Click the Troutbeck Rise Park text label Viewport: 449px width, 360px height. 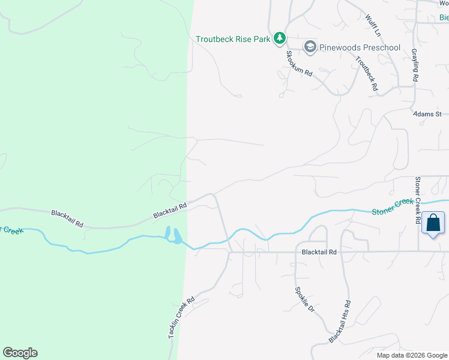coord(233,40)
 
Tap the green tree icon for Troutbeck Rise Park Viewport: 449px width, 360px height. coord(279,39)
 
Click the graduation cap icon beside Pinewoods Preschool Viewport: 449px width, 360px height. coord(310,47)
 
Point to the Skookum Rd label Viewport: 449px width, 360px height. coord(299,64)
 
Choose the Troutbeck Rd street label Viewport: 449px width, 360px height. coord(366,74)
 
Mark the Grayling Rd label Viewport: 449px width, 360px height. coord(415,65)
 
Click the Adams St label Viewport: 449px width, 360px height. coord(427,113)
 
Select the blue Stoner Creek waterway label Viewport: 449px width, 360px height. coord(393,207)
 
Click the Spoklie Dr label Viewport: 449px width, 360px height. coord(304,299)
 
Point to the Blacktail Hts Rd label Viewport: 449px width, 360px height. coord(339,322)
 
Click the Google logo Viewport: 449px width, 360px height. coord(20,353)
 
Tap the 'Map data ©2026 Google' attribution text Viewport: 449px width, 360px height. coord(412,355)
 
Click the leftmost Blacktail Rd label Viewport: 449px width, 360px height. coord(66,214)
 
